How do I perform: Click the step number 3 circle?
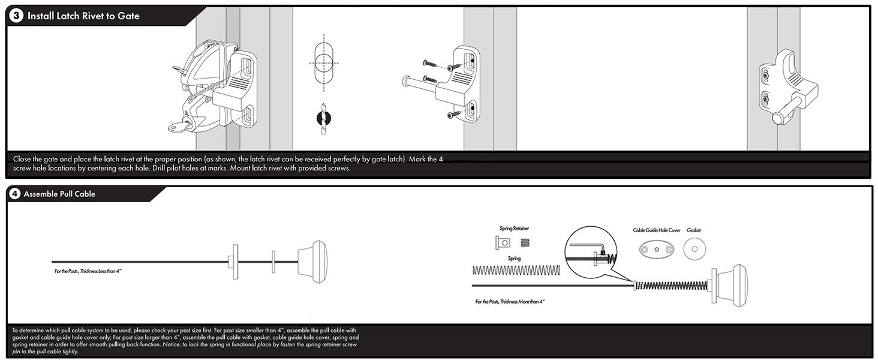click(x=16, y=16)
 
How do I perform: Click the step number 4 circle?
click(x=15, y=194)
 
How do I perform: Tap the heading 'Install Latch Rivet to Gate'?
click(x=83, y=16)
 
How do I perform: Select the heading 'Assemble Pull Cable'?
click(x=59, y=194)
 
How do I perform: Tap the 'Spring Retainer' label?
click(x=514, y=229)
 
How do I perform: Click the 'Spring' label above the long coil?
click(x=514, y=259)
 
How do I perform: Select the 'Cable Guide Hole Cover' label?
click(x=657, y=230)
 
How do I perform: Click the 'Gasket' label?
click(x=694, y=230)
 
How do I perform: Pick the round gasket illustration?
click(x=694, y=249)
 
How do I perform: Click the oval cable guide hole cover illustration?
click(x=657, y=249)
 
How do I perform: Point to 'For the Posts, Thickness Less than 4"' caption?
click(x=88, y=272)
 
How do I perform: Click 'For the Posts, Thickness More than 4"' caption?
click(x=510, y=302)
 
